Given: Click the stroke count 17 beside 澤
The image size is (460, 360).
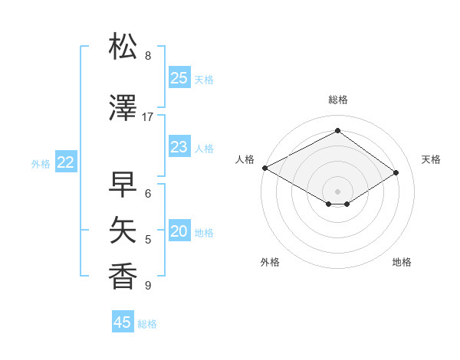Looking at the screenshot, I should coord(148,117).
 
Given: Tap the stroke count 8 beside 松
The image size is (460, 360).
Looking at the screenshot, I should coord(148,56).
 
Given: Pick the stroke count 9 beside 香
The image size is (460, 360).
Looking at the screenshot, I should coord(148,286).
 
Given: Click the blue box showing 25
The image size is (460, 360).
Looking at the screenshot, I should coord(179,78).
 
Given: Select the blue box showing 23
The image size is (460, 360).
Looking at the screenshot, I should coord(179,147).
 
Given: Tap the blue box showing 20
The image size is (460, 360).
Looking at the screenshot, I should coord(179,232).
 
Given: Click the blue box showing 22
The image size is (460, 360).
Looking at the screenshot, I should coord(65,162).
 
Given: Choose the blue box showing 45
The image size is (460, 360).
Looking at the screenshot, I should coord(123,322).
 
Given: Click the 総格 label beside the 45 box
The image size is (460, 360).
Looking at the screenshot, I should coord(147,324).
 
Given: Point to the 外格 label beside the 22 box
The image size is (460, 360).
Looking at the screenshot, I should coord(41,163).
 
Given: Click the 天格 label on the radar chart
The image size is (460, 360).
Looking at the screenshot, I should coord(431,159).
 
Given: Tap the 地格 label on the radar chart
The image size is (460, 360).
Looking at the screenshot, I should coord(402,262).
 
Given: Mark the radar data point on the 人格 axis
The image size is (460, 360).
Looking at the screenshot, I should coord(264,168).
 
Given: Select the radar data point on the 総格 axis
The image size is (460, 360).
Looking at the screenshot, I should coord(337,130).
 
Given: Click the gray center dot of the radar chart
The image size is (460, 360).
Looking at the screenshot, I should coord(337,191).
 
